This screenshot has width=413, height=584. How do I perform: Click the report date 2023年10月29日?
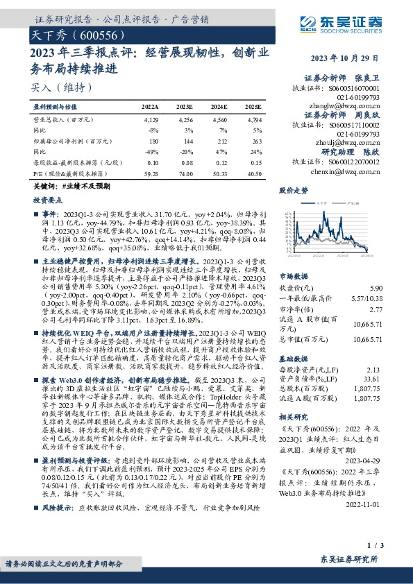tap(345, 58)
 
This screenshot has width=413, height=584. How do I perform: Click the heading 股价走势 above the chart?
tap(293, 190)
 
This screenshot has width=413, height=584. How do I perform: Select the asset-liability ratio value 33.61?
tap(373, 379)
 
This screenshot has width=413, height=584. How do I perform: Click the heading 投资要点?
tap(48, 199)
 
